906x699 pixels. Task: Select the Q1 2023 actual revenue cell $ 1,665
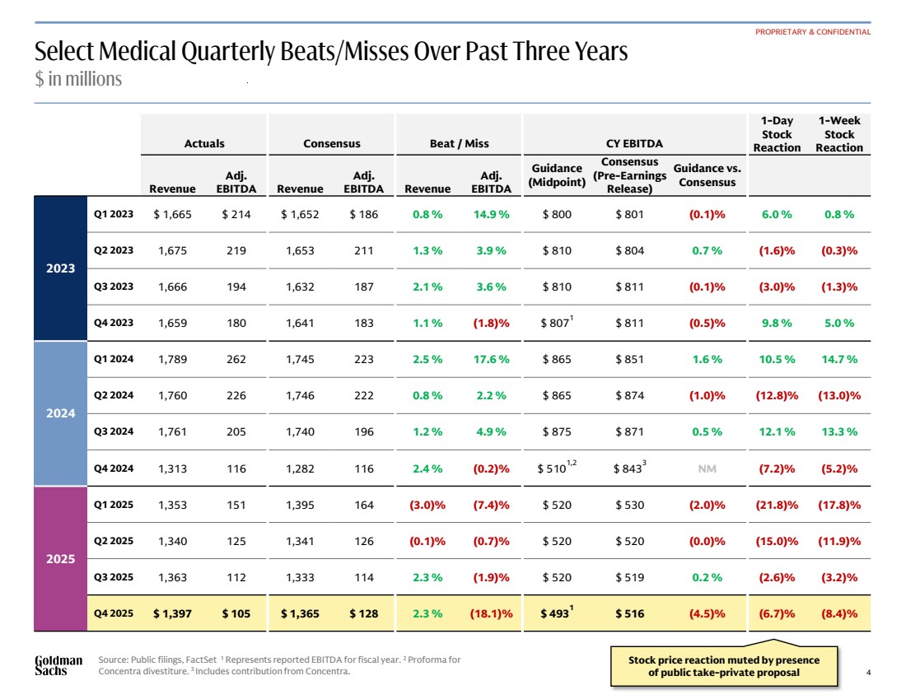pyautogui.click(x=172, y=214)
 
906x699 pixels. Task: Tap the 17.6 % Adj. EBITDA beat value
pyautogui.click(x=491, y=359)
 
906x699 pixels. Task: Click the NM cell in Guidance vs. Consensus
pyautogui.click(x=707, y=468)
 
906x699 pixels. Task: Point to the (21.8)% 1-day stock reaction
pyautogui.click(x=777, y=505)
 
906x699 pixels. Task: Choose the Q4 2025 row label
pyautogui.click(x=114, y=613)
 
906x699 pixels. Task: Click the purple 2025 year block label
pyautogui.click(x=61, y=558)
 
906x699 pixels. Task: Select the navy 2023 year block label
pyautogui.click(x=61, y=268)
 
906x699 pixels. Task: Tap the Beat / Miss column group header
pyautogui.click(x=459, y=143)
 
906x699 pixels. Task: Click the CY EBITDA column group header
pyautogui.click(x=634, y=143)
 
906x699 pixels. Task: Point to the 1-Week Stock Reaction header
pyautogui.click(x=839, y=134)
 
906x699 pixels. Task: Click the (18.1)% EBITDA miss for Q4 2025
pyautogui.click(x=491, y=613)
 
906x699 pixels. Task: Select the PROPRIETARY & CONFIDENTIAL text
pyautogui.click(x=812, y=32)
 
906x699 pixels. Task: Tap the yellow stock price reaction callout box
pyautogui.click(x=724, y=665)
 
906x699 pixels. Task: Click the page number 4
pyautogui.click(x=868, y=672)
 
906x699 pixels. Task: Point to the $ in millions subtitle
pyautogui.click(x=78, y=78)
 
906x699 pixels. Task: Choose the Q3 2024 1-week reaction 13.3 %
pyautogui.click(x=839, y=431)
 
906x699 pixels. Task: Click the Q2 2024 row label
pyautogui.click(x=114, y=395)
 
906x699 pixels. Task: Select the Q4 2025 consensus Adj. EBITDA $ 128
pyautogui.click(x=363, y=613)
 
